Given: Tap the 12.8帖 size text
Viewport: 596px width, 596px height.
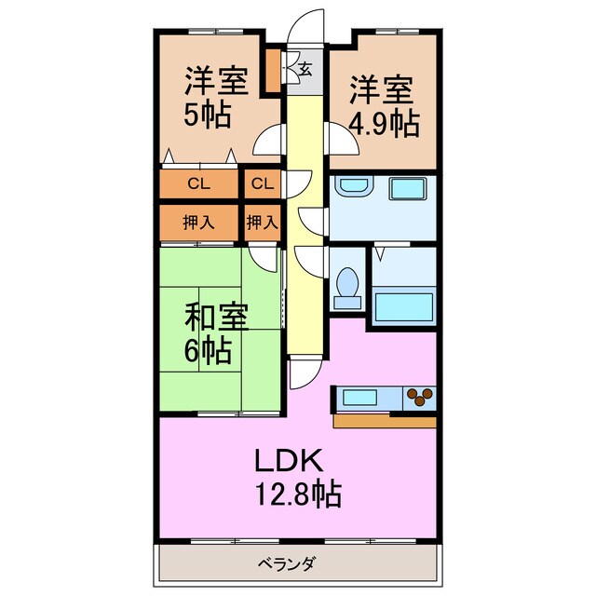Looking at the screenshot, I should (x=298, y=494).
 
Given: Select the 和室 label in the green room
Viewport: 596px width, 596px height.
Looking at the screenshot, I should (x=216, y=318).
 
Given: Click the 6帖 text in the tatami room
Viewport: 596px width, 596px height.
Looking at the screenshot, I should (x=207, y=351).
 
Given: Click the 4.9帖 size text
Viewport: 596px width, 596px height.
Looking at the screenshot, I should (x=384, y=122).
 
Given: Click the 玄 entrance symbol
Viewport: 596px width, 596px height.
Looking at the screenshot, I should (x=305, y=66).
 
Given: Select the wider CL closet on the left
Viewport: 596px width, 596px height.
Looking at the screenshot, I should (x=198, y=183).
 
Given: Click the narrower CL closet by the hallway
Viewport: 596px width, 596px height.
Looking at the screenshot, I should (x=263, y=183).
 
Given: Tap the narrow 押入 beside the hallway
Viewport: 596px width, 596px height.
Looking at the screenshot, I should (x=263, y=222).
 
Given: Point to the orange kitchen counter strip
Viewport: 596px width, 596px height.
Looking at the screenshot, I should (x=382, y=420).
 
